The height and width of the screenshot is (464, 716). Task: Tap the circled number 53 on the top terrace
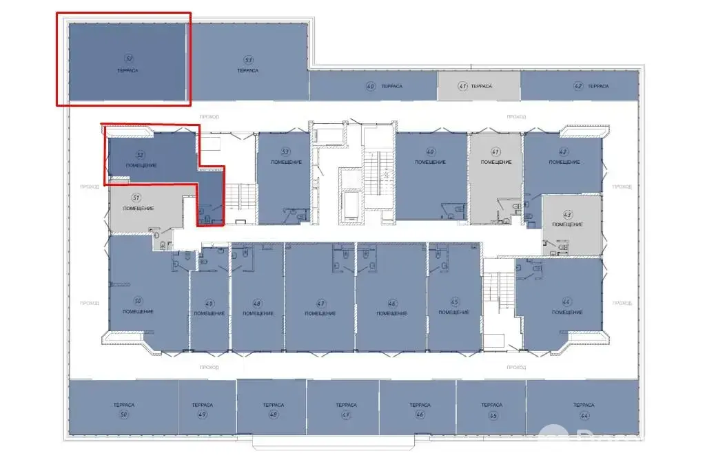coord(247,60)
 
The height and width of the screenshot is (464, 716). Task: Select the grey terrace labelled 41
coord(478,86)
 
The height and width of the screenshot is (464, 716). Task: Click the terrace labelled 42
coord(580,86)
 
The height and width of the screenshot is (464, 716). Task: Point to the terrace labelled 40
coord(373,86)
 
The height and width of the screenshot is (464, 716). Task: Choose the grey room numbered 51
coord(141,207)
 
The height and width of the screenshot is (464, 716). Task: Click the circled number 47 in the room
coord(321,303)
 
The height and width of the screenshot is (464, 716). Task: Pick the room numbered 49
coord(209,310)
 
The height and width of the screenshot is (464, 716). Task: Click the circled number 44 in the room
coord(567,302)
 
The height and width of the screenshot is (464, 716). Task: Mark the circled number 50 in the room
coord(138,301)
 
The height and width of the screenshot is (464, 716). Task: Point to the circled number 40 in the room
coord(429,151)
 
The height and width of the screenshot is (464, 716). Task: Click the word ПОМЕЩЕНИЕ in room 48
coord(258,313)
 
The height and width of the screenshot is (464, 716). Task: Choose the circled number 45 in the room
coord(454,303)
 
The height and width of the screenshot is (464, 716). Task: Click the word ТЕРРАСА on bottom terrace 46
coord(419,405)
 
